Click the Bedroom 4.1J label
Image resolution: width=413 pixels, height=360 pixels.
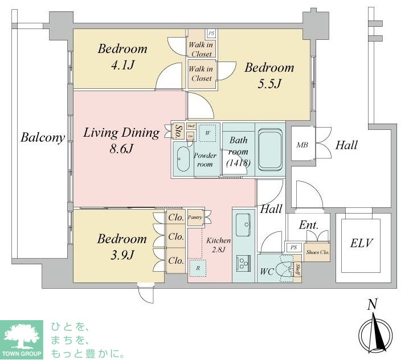[x=122, y=57]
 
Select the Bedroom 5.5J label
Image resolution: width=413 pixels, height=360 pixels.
[x=269, y=76]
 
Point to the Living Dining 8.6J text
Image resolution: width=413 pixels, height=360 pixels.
[x=121, y=141]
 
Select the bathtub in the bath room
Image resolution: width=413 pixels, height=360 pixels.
[x=271, y=149]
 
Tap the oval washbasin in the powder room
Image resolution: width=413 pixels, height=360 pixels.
[x=183, y=159]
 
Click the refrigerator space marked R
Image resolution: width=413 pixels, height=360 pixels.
[x=198, y=267]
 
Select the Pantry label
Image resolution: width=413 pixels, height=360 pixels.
[x=195, y=218]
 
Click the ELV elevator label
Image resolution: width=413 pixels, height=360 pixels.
[x=362, y=244]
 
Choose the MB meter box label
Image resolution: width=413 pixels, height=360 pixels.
[x=302, y=145]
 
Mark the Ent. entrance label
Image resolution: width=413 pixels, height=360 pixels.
[x=308, y=225]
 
